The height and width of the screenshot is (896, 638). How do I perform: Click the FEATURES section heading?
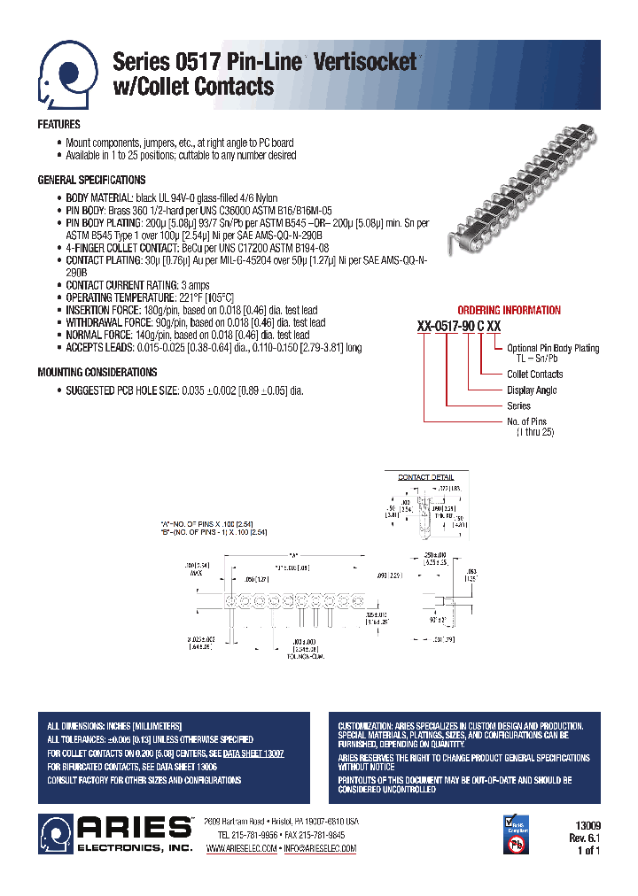click(59, 125)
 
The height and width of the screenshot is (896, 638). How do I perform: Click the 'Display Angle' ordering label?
click(532, 390)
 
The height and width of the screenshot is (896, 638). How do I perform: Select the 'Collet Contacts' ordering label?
click(534, 375)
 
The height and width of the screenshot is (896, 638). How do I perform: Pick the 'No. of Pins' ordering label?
click(526, 421)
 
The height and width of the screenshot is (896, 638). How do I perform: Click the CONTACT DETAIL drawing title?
click(425, 477)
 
